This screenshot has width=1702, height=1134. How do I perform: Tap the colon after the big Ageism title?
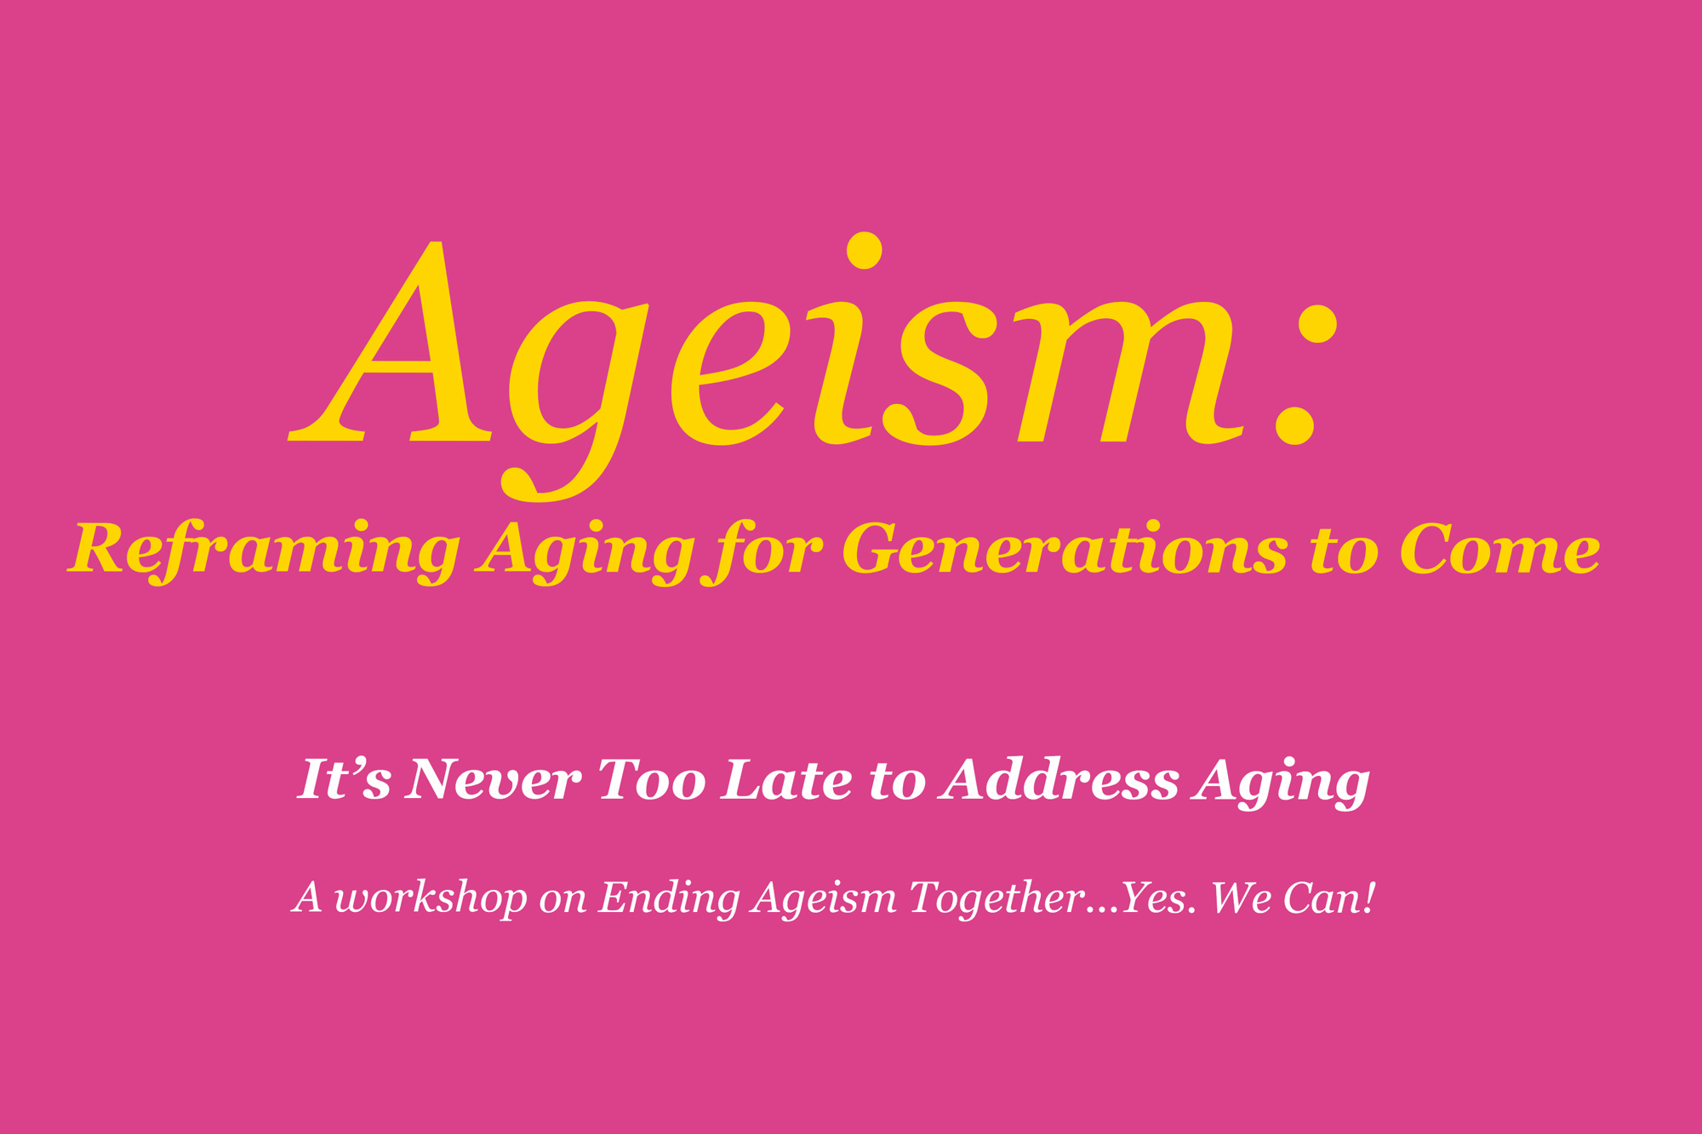click(x=1306, y=374)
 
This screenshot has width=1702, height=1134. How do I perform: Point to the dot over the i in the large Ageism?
click(x=864, y=250)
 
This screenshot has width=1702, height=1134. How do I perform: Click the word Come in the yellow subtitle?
click(x=1499, y=550)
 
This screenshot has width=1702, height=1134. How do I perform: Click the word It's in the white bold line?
click(x=343, y=779)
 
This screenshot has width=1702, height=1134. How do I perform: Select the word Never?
click(x=493, y=779)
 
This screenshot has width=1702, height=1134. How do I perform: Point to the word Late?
click(x=785, y=779)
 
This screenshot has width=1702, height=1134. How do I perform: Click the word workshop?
click(x=431, y=898)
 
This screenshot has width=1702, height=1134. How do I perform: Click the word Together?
click(x=996, y=898)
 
